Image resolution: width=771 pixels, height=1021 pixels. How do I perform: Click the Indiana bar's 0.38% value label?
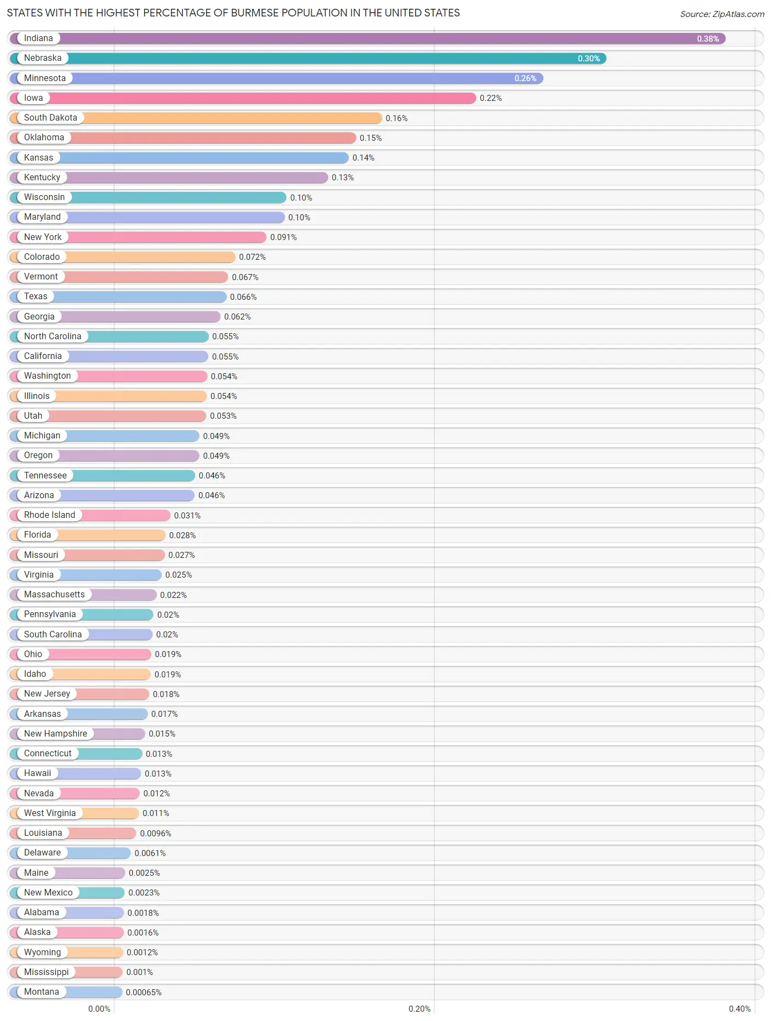coord(707,39)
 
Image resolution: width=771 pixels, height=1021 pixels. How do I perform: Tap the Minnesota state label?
coord(44,78)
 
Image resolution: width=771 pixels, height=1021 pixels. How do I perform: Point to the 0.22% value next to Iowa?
coord(490,98)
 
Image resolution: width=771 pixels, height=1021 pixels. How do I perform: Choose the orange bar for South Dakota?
coord(230,118)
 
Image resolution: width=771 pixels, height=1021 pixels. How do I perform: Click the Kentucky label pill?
coord(42,178)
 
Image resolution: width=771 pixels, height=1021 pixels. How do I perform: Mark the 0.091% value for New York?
coord(283,237)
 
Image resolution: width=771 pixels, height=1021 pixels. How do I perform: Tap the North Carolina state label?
coord(52,336)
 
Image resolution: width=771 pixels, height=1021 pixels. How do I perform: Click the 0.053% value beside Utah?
coord(223,416)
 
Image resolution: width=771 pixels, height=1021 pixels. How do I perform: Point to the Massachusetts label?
coord(54,595)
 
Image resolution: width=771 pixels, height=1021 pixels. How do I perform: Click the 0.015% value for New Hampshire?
coord(162,734)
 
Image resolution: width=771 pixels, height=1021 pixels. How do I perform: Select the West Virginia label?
coord(49,813)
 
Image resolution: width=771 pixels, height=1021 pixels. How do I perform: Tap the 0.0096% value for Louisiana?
coord(155,834)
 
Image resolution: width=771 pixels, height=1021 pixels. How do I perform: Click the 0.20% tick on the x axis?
coord(419,1009)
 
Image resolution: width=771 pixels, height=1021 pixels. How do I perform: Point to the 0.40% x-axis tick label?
coord(739,1009)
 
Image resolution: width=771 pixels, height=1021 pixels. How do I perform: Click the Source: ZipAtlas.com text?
coord(722,14)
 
